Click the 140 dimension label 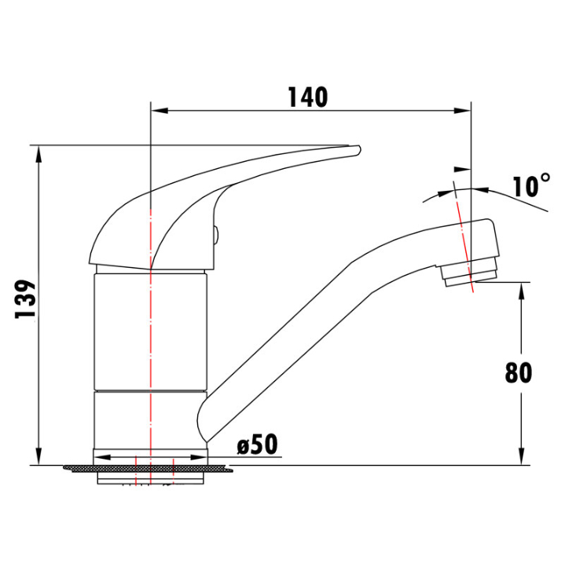tap(308, 97)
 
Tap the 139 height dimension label tap(25, 298)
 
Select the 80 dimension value tap(518, 372)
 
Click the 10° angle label tap(531, 185)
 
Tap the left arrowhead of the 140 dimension tap(160, 110)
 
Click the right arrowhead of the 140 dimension tap(462, 111)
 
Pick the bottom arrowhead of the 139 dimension tap(39, 456)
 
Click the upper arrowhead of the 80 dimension tap(521, 291)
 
